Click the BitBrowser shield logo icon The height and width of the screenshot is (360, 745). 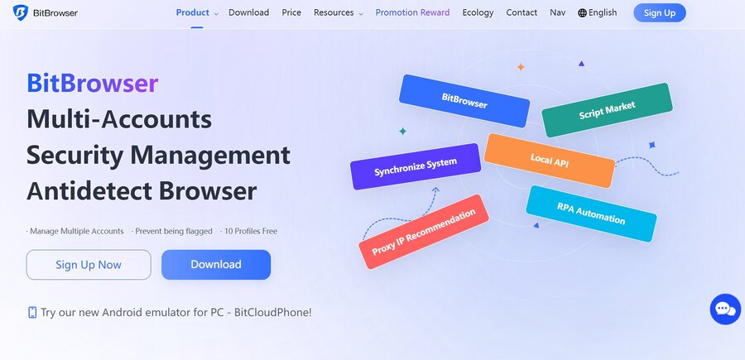(x=21, y=12)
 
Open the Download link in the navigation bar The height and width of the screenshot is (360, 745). (x=248, y=12)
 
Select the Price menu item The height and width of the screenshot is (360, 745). (x=291, y=12)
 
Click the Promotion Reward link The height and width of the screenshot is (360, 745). (x=412, y=12)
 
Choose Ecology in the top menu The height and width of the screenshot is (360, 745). (x=478, y=12)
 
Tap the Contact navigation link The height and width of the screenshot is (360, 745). (x=521, y=12)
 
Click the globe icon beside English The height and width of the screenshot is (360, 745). (x=582, y=12)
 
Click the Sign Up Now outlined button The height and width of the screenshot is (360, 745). (x=89, y=265)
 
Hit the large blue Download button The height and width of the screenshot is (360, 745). (x=216, y=265)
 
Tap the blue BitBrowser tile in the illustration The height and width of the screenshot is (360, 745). (x=464, y=101)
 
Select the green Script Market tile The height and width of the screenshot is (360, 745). (x=608, y=110)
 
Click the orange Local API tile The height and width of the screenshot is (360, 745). (x=550, y=161)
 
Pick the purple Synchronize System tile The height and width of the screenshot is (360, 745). (x=416, y=166)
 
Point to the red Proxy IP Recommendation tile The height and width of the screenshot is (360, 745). (x=424, y=232)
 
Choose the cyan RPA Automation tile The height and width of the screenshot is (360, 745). (x=591, y=214)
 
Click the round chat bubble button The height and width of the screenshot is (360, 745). (x=725, y=310)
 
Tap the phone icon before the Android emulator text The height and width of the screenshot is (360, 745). (x=32, y=313)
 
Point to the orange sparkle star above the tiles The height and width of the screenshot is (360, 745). (x=521, y=67)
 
